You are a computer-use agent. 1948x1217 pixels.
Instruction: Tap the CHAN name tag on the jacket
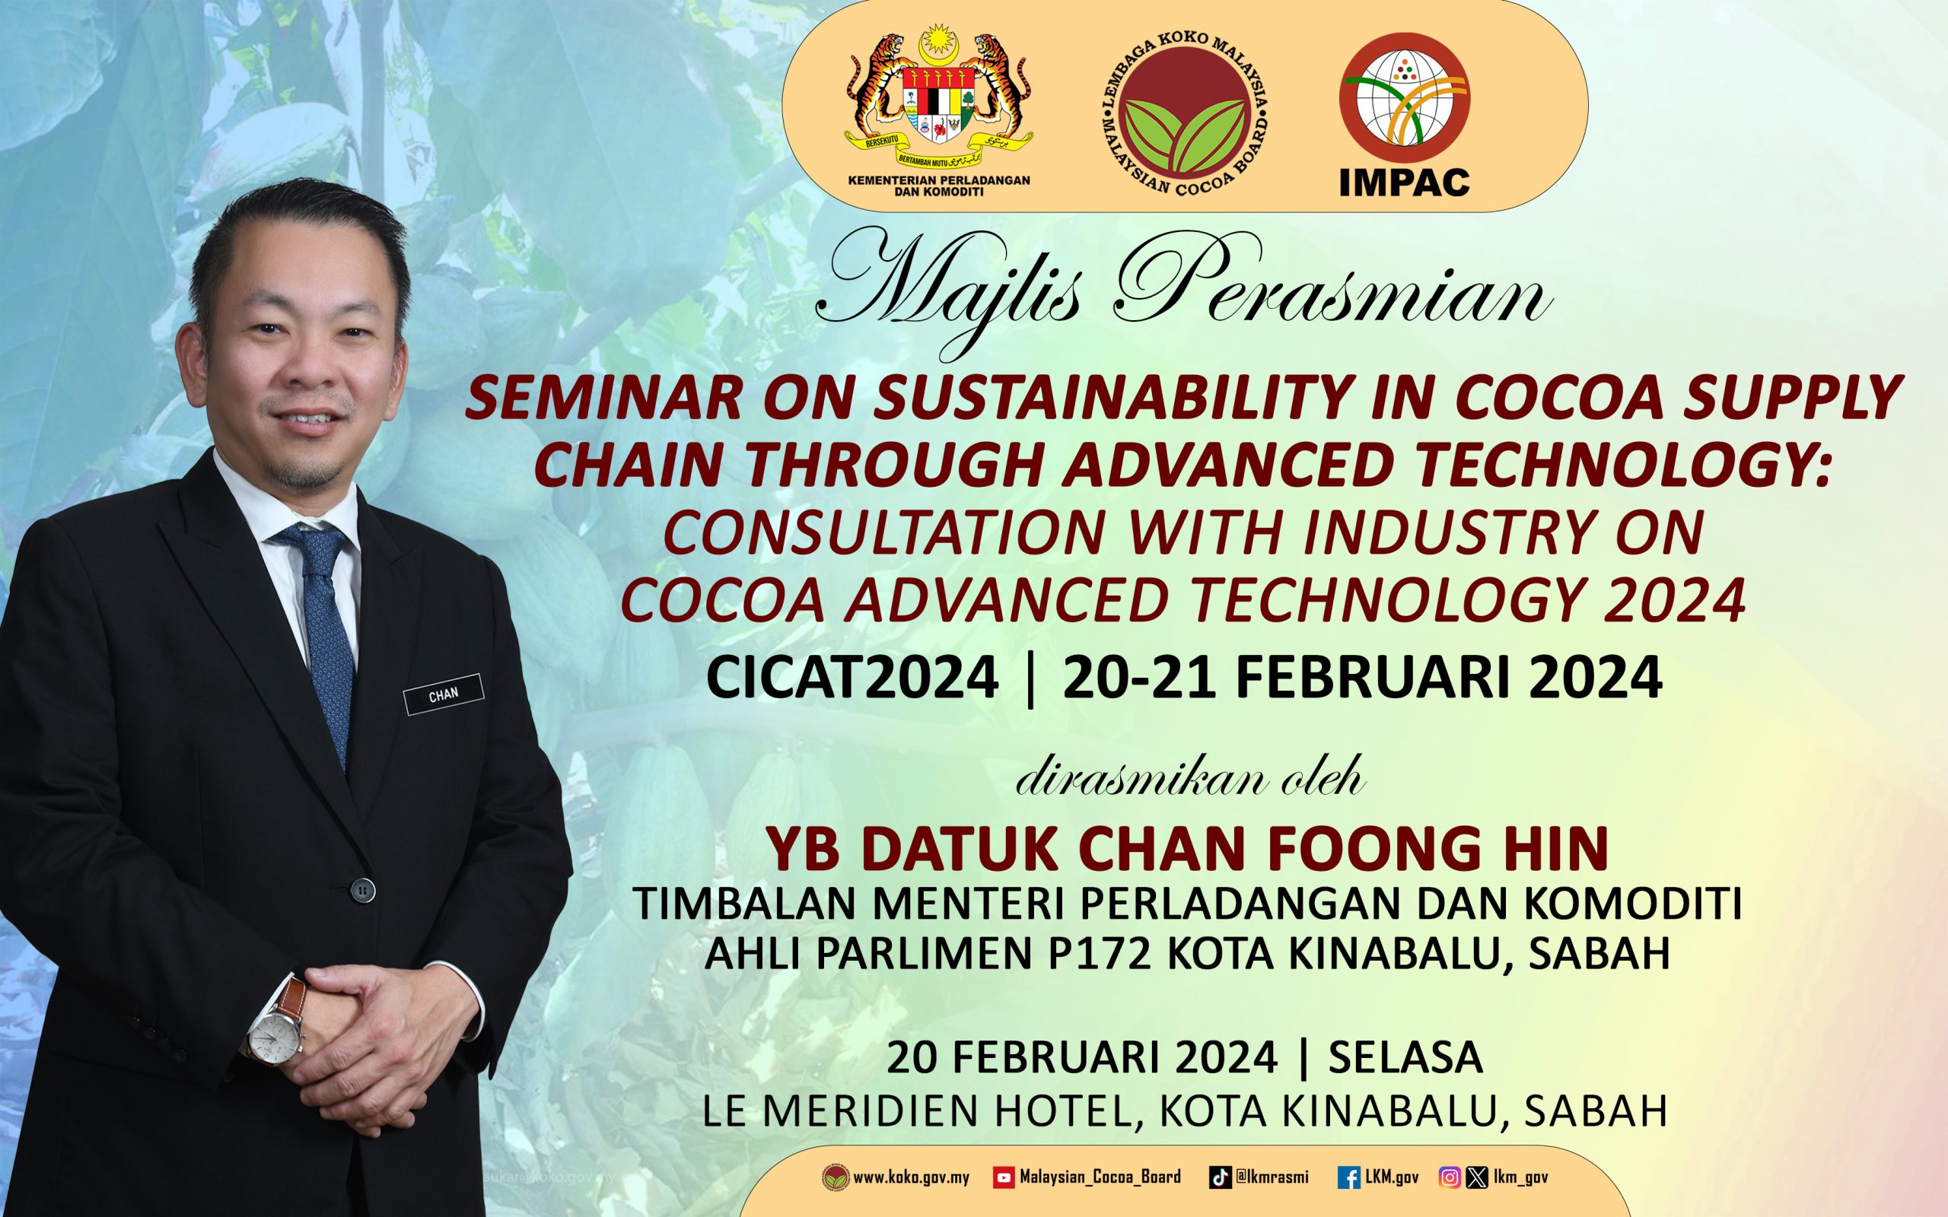444,694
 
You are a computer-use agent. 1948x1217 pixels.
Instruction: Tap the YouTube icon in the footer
1004,1177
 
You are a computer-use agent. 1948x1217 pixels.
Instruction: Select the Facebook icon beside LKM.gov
1349,1178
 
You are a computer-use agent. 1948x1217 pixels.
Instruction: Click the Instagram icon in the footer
1450,1178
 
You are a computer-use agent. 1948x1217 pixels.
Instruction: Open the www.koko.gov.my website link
911,1178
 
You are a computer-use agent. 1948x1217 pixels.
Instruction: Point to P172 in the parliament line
1102,954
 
